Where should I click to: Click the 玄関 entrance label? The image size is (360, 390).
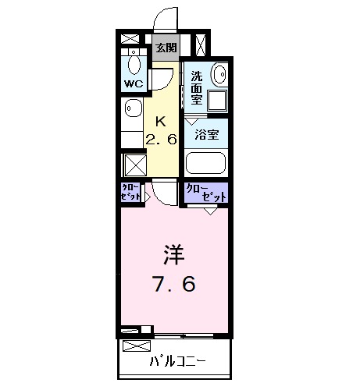(x=165, y=47)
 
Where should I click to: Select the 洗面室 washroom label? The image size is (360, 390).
(x=198, y=87)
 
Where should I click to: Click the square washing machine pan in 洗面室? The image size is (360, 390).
(x=216, y=101)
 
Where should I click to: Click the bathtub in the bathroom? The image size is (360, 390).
(x=206, y=163)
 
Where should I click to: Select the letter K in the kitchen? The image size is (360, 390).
(x=161, y=121)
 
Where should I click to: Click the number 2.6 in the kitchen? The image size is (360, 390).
(x=162, y=139)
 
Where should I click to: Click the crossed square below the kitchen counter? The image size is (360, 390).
(x=132, y=165)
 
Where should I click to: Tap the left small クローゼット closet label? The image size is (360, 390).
(x=130, y=193)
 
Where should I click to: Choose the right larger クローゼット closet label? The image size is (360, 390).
(x=204, y=193)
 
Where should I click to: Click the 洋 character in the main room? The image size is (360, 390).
(x=174, y=255)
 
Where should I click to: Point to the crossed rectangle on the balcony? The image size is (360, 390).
(x=134, y=344)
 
